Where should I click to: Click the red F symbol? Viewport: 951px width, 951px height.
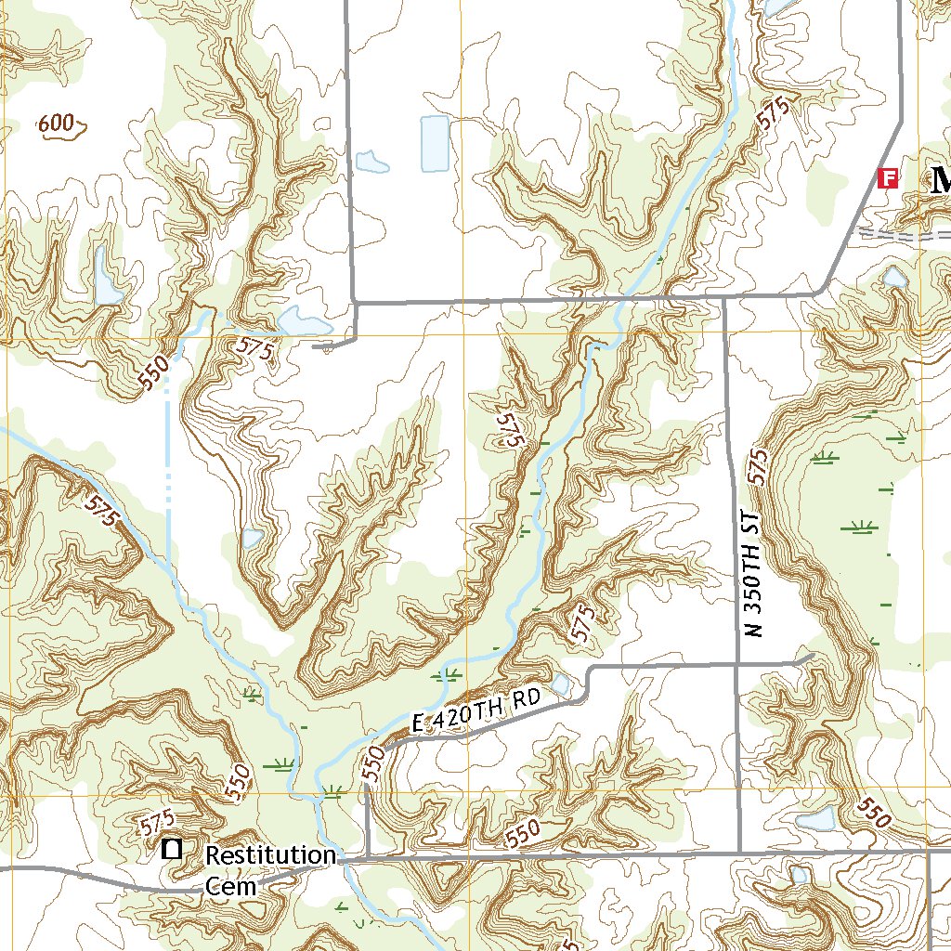[x=889, y=178]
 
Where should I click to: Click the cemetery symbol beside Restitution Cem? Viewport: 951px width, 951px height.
[x=172, y=848]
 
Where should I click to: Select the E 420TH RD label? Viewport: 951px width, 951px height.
[x=475, y=711]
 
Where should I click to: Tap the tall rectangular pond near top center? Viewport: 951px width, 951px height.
[x=434, y=144]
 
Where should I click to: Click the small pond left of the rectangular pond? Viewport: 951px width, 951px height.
[x=371, y=163]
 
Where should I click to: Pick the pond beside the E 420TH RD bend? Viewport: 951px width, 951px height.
[x=561, y=685]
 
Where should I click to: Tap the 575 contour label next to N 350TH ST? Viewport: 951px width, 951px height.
[x=758, y=467]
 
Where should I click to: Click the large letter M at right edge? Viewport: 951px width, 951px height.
[x=940, y=179]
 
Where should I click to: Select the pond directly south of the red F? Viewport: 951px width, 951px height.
[x=894, y=277]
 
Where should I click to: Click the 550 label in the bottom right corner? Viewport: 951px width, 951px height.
[x=874, y=814]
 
